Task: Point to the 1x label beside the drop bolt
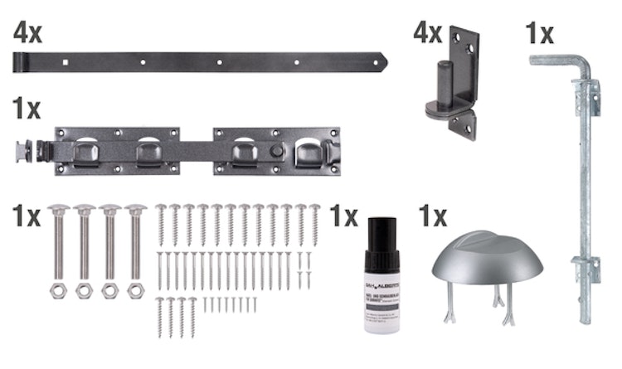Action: pyautogui.click(x=539, y=33)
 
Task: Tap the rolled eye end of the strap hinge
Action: pyautogui.click(x=20, y=61)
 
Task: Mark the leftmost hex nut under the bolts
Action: pyautogui.click(x=58, y=292)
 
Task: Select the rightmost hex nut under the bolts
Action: pyautogui.click(x=134, y=292)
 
